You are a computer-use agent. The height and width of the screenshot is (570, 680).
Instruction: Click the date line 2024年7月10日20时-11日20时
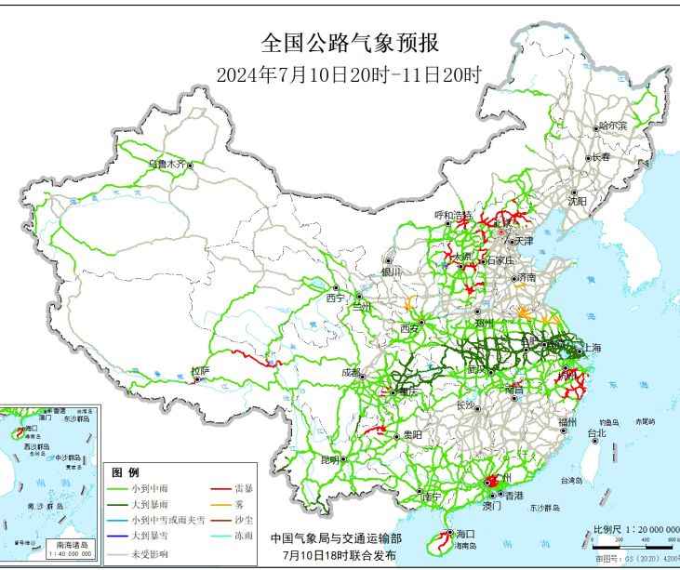(x=349, y=75)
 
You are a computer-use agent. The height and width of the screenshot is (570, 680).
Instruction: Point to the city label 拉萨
(x=200, y=370)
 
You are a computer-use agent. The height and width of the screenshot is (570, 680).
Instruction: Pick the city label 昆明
(x=330, y=459)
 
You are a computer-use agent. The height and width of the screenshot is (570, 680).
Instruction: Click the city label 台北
(x=595, y=432)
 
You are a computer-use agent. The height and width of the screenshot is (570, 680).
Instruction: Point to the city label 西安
(x=409, y=328)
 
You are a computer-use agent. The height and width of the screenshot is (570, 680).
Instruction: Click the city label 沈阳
(x=578, y=200)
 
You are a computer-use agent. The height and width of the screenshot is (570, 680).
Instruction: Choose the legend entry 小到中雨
(x=149, y=487)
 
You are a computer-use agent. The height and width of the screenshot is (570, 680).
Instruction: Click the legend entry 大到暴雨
(x=149, y=503)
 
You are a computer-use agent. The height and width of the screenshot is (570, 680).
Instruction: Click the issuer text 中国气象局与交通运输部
(x=336, y=537)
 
